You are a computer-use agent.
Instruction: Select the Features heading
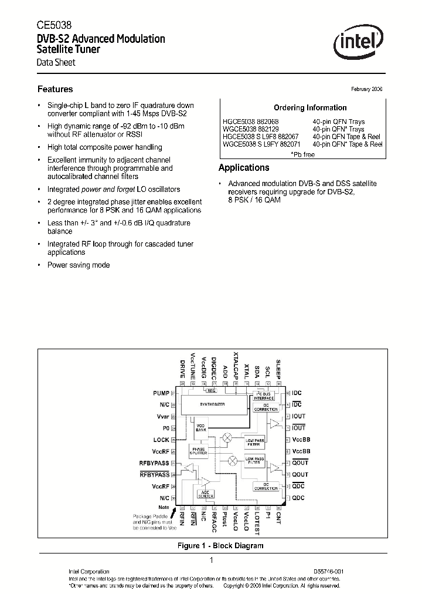coord(55,89)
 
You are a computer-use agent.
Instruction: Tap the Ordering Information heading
coord(310,107)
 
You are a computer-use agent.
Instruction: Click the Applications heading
coord(244,167)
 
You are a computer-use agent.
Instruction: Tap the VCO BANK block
coord(200,427)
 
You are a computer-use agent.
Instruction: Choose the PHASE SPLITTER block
coord(199,450)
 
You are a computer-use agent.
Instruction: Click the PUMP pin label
coord(161,393)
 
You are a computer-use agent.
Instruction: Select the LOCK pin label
coord(161,440)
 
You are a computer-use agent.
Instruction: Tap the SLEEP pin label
coord(279,368)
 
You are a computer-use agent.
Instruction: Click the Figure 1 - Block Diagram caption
coord(220,545)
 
